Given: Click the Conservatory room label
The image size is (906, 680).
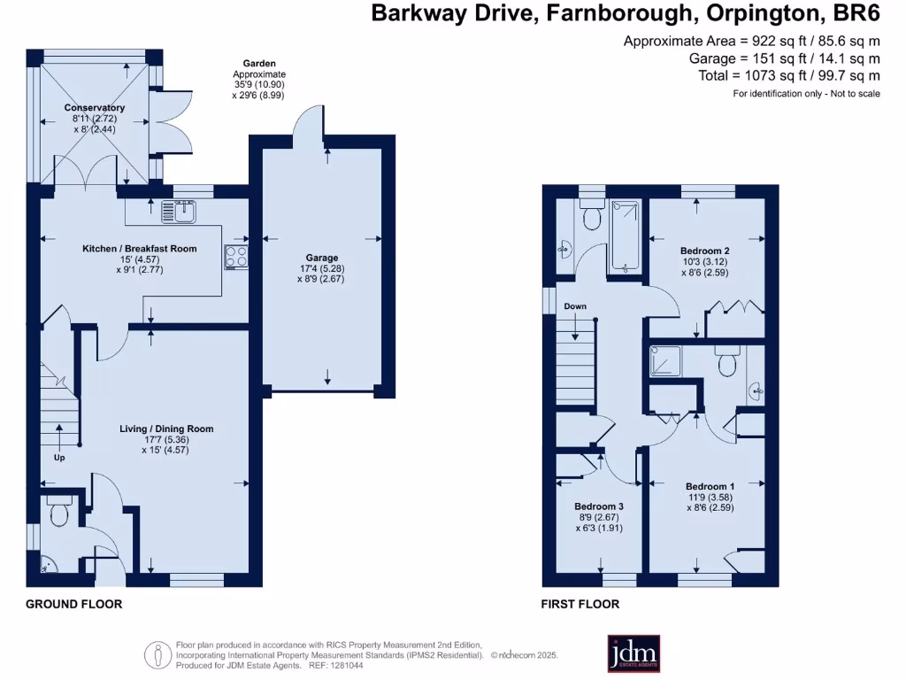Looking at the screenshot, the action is [94, 107].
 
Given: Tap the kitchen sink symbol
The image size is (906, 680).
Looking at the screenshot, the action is [179, 212].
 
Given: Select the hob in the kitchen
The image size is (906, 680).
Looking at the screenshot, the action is [236, 257].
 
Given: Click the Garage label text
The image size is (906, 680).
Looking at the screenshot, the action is [322, 258].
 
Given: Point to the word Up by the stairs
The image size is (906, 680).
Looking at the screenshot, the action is [59, 458].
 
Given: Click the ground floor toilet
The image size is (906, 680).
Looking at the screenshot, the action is [59, 509].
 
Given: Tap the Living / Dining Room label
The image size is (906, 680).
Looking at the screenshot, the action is [166, 429].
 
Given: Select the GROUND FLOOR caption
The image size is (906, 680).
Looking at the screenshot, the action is [74, 604].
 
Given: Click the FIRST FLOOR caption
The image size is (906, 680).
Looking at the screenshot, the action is [580, 604].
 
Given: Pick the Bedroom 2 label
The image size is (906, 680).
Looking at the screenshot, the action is [704, 251].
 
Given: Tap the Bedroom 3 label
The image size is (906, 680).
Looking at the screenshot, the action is [599, 506].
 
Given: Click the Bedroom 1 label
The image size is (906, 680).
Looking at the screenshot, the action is [710, 487].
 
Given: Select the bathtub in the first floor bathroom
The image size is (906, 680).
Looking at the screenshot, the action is [626, 236].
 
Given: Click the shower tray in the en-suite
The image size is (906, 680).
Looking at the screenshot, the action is [665, 360].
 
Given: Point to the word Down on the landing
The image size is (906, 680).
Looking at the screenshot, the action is [575, 306].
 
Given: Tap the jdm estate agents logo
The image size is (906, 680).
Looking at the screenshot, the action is [633, 654].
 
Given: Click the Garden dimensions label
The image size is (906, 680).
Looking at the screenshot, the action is [258, 79].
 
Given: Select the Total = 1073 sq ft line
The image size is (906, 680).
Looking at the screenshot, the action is [789, 76].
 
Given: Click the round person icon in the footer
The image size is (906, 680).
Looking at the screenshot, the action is [157, 656].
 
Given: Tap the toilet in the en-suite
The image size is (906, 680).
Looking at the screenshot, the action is [727, 361].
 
